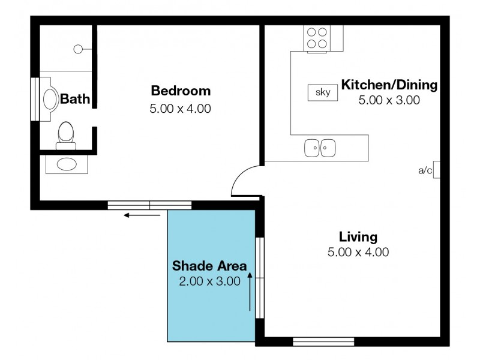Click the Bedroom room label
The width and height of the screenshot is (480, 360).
click(x=181, y=91)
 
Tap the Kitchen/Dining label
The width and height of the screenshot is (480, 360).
click(x=389, y=85)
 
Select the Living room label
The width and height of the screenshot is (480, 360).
click(x=358, y=236)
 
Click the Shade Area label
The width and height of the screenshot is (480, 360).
click(x=209, y=265)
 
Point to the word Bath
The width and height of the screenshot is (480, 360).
click(x=75, y=99)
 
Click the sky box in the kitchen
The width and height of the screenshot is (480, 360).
click(x=323, y=92)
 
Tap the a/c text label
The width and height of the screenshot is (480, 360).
click(x=425, y=170)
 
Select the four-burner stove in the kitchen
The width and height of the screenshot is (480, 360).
click(x=316, y=38)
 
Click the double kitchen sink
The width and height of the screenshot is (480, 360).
click(x=320, y=148)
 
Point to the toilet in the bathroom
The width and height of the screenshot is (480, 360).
click(x=66, y=134)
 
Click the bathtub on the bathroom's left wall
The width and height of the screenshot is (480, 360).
click(x=49, y=99)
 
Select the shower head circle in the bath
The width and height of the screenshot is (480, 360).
click(x=78, y=50)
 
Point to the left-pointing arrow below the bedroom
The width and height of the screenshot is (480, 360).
click(x=138, y=215)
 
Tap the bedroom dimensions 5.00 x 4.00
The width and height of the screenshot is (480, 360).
click(x=181, y=109)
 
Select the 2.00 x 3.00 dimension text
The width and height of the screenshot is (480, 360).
click(x=209, y=280)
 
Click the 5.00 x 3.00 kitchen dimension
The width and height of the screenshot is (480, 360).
click(x=389, y=100)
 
